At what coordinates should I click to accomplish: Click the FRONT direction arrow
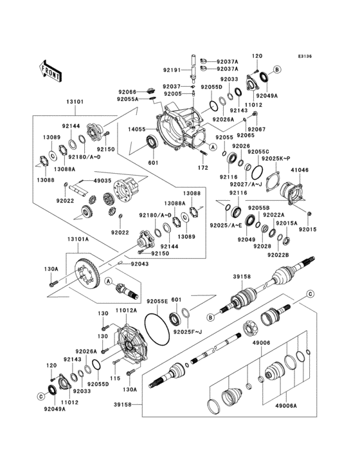coord(50,69)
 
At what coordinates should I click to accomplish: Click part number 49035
coord(103,181)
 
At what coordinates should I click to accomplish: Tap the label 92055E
coord(157,300)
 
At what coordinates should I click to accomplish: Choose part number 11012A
coord(125,310)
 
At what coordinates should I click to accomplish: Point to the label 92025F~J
coord(187,331)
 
